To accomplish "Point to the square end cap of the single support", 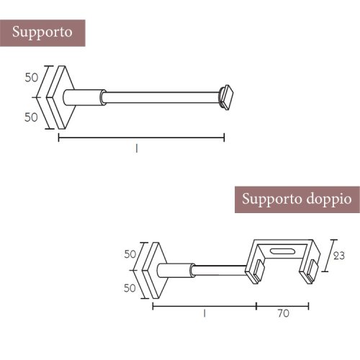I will (x=228, y=96).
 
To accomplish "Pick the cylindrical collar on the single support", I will (x=84, y=96).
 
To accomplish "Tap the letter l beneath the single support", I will (x=135, y=148).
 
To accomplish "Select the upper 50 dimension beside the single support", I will (x=31, y=77).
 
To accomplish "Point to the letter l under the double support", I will (x=204, y=313).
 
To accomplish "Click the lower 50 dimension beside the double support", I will (x=130, y=288).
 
